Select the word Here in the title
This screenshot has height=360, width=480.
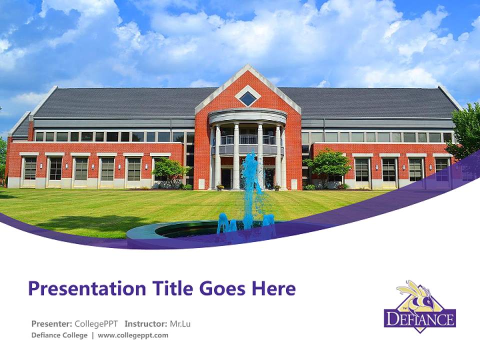[273, 288]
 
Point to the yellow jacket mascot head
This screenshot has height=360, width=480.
[417, 295]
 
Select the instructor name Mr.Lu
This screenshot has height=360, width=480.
[180, 323]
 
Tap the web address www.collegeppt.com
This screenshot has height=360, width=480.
[133, 335]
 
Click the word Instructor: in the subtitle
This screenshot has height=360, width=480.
[146, 323]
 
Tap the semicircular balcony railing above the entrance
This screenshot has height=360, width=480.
[247, 140]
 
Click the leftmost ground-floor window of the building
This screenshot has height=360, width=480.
[30, 168]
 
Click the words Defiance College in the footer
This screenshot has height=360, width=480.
[59, 335]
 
